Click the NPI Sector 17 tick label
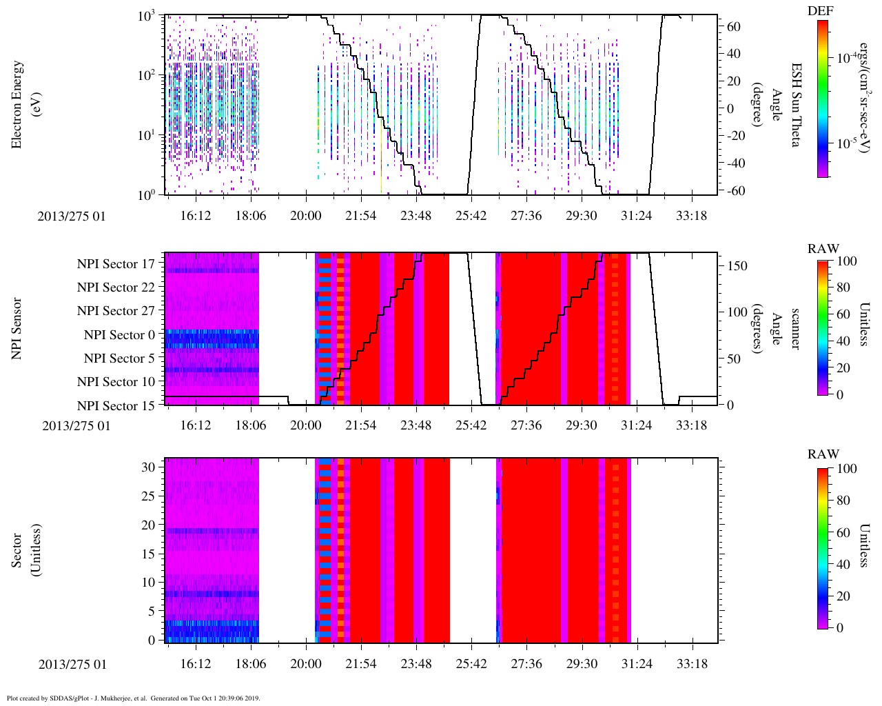pos(116,264)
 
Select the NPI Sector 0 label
pos(119,335)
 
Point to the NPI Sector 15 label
pos(116,406)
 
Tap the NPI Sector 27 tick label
pos(116,311)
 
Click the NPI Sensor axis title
pos(18,328)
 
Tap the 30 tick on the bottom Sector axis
pos(148,467)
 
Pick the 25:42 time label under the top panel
pos(471,216)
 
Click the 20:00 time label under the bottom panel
pos(306,664)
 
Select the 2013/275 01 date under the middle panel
pos(76,426)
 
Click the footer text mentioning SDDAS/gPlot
pos(133,698)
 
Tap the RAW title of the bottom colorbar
pos(823,454)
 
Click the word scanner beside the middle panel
pos(796,328)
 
